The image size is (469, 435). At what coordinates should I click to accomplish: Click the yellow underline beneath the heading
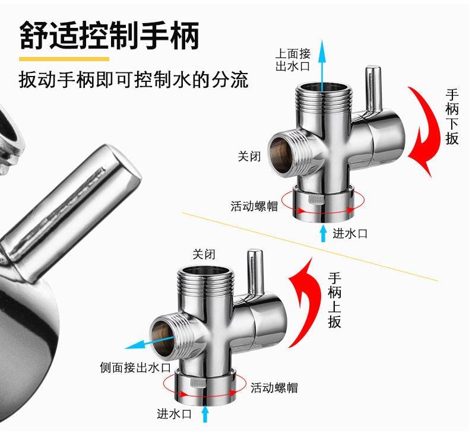point(64,59)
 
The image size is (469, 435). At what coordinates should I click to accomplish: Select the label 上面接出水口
point(293,59)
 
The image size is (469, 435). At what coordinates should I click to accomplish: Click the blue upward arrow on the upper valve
point(322,65)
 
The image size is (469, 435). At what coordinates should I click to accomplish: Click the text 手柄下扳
point(452,116)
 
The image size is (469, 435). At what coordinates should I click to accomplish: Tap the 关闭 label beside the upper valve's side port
point(249,157)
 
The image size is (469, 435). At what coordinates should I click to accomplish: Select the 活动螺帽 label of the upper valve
point(254,207)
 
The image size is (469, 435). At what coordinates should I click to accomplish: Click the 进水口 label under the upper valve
point(350,233)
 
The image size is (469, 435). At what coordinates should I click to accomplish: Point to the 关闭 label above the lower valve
point(204,255)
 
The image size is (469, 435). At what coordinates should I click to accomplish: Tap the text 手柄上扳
point(335,300)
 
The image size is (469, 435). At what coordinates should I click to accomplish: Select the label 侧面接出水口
point(135,368)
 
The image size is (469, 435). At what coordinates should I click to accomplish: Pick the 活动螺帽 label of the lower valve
point(274,388)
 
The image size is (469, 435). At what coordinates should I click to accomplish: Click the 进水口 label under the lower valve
point(174,414)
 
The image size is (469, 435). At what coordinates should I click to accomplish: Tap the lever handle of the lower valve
point(256,273)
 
